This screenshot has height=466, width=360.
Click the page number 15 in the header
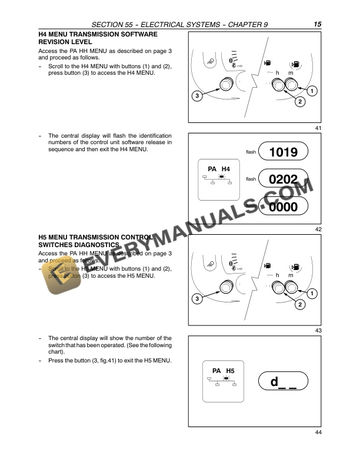[317, 24]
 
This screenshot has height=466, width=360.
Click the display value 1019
[283, 152]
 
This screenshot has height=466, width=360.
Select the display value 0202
[283, 179]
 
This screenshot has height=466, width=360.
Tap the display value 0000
[283, 207]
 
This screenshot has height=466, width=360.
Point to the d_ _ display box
[283, 382]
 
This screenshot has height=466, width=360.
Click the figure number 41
[318, 128]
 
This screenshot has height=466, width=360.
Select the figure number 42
[318, 229]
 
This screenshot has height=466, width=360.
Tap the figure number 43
[318, 331]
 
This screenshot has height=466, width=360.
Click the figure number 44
[318, 433]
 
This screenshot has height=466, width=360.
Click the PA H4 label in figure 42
[219, 169]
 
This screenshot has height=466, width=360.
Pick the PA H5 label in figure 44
[223, 371]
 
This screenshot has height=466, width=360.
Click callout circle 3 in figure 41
[198, 95]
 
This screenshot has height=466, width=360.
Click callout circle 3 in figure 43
[198, 299]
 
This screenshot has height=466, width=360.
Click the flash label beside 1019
[251, 152]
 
